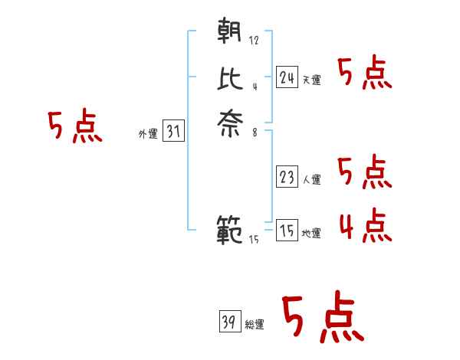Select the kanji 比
pyautogui.click(x=230, y=77)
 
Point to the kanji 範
pyautogui.click(x=230, y=229)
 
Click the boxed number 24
pyautogui.click(x=287, y=77)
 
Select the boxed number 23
pyautogui.click(x=287, y=177)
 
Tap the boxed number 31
pyautogui.click(x=174, y=131)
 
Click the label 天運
pyautogui.click(x=311, y=80)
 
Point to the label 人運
pyautogui.click(x=311, y=180)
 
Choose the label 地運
pyautogui.click(x=311, y=233)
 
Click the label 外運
pyautogui.click(x=148, y=134)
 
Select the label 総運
pyautogui.click(x=254, y=325)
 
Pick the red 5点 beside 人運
pyautogui.click(x=365, y=172)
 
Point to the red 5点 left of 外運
pyautogui.click(x=74, y=126)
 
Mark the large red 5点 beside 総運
pyautogui.click(x=322, y=318)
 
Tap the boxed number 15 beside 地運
pyautogui.click(x=287, y=231)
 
